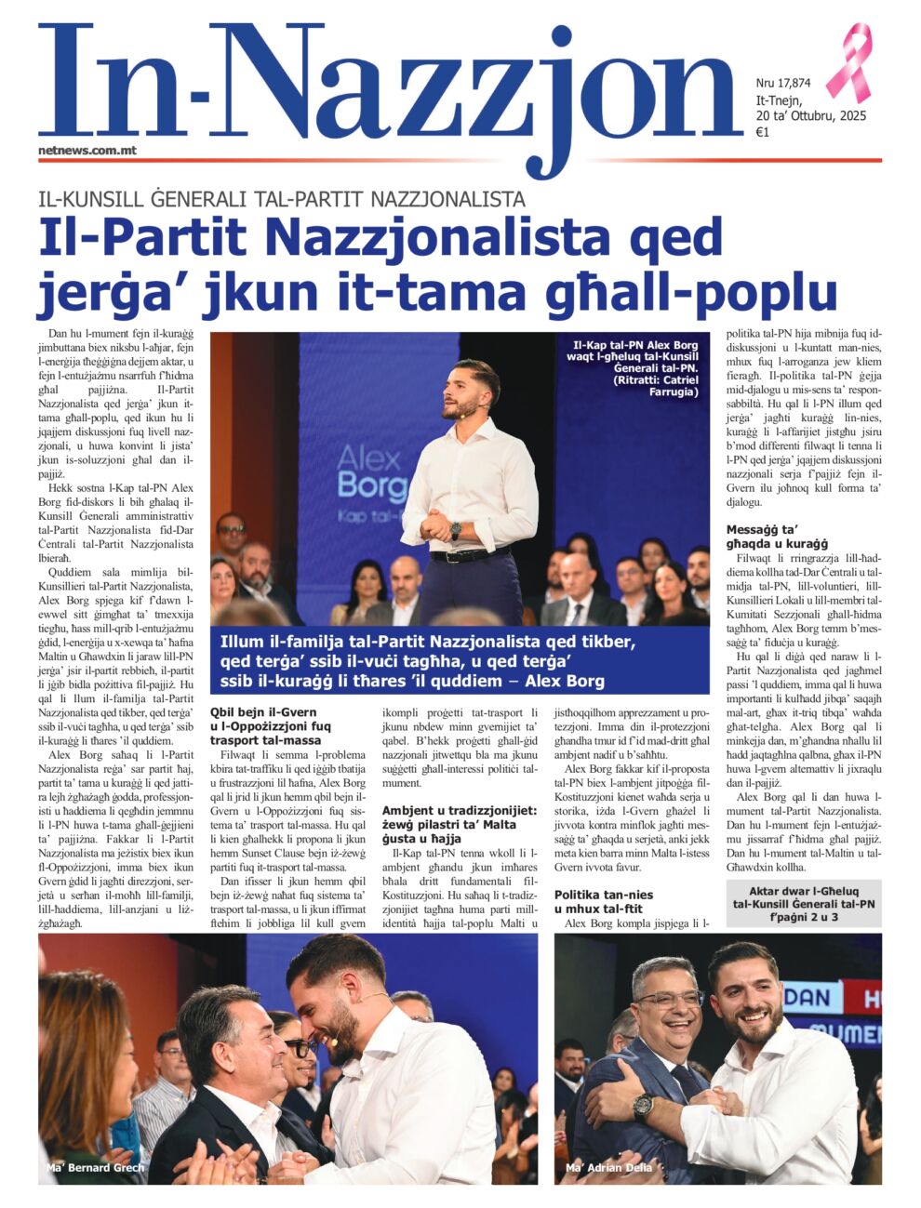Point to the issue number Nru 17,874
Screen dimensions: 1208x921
click(x=783, y=83)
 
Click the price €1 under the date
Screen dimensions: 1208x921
click(x=762, y=133)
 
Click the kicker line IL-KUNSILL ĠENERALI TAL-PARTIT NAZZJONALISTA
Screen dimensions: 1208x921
click(x=281, y=198)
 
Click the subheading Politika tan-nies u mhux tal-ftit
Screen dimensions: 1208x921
click(x=603, y=901)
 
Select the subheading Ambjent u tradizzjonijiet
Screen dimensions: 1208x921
click(x=459, y=818)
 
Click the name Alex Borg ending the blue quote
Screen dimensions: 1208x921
click(x=565, y=682)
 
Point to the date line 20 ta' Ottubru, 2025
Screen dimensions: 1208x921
click(x=810, y=116)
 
